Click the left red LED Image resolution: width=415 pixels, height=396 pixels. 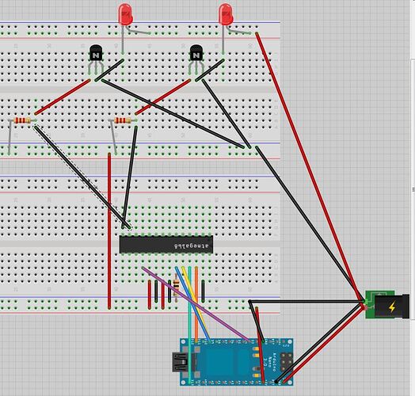(x=125, y=13)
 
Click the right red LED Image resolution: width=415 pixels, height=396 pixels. (x=227, y=13)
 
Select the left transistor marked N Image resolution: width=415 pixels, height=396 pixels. (x=95, y=54)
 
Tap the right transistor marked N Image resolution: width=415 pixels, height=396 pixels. (x=196, y=54)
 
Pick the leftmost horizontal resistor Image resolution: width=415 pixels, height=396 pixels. (x=21, y=121)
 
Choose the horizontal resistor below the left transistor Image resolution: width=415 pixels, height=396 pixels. (x=123, y=121)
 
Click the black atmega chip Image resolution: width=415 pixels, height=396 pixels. (x=166, y=244)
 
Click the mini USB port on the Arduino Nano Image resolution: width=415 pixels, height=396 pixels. (x=178, y=364)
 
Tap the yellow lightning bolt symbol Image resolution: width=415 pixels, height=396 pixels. (x=392, y=307)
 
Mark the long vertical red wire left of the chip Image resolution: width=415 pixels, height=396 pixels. (x=109, y=230)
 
